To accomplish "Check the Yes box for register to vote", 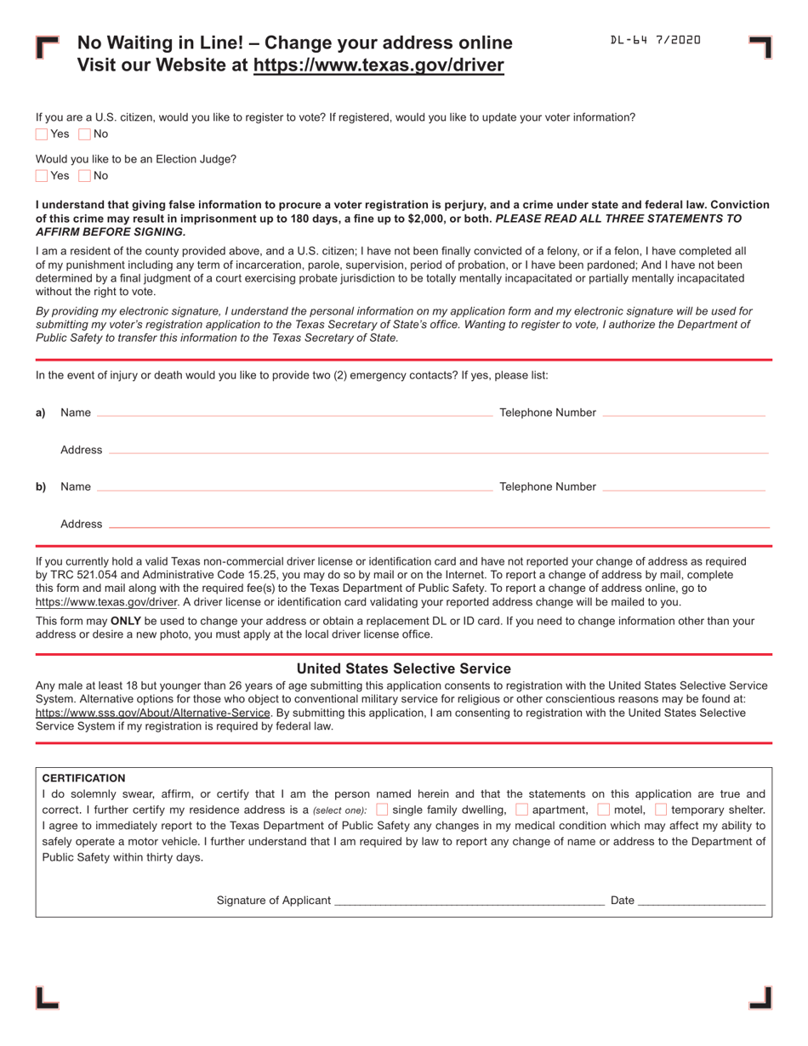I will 42,134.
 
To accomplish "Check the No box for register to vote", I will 84,134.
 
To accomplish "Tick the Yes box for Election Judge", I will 42,176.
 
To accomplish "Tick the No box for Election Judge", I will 84,176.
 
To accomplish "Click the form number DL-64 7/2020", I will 655,40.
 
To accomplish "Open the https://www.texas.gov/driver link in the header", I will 378,65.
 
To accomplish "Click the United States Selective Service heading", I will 403,668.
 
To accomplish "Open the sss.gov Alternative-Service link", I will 153,713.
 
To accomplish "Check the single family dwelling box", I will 382,810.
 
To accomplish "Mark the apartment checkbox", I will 521,810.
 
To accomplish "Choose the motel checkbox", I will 604,810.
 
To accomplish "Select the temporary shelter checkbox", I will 661,810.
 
